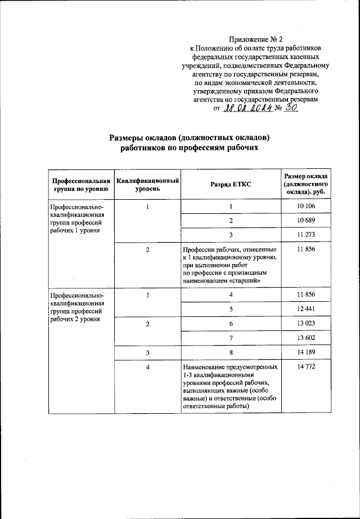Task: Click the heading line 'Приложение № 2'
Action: [x=255, y=39]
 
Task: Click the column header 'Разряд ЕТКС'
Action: [x=231, y=184]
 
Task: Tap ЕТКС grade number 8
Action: [x=231, y=352]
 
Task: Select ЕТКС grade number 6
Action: [x=231, y=324]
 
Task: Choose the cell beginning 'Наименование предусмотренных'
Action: [x=230, y=367]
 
